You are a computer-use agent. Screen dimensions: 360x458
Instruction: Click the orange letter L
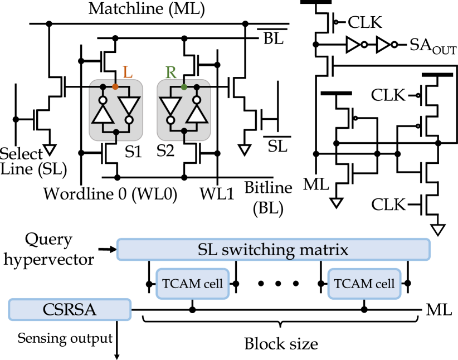(x=128, y=72)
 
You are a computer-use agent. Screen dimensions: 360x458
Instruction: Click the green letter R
(x=171, y=72)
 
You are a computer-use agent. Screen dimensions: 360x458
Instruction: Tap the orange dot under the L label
(x=115, y=87)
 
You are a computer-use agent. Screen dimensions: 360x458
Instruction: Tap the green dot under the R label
(x=184, y=87)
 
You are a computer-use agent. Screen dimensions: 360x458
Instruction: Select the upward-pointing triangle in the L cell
(x=103, y=114)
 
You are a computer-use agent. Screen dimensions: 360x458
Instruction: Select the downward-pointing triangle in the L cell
(x=129, y=105)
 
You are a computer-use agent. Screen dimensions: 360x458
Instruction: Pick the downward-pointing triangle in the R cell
(x=170, y=105)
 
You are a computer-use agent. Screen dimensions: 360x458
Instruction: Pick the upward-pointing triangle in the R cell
(x=197, y=114)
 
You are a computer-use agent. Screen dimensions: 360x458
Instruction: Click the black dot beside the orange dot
(x=103, y=87)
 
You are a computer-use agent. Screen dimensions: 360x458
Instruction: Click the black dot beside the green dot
(x=197, y=87)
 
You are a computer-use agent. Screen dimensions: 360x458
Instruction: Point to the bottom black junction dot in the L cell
(x=116, y=132)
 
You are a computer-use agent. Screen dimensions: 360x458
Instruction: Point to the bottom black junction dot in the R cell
(x=184, y=132)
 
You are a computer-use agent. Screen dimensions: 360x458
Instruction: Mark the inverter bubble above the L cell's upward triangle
(x=103, y=101)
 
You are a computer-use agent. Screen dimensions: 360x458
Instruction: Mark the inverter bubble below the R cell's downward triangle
(x=170, y=119)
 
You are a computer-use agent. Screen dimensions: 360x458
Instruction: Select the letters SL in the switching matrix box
(x=208, y=250)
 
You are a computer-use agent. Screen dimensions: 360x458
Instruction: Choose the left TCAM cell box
(x=192, y=284)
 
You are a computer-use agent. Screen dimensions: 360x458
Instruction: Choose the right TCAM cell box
(x=364, y=284)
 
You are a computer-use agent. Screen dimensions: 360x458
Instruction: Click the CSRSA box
(x=70, y=309)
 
